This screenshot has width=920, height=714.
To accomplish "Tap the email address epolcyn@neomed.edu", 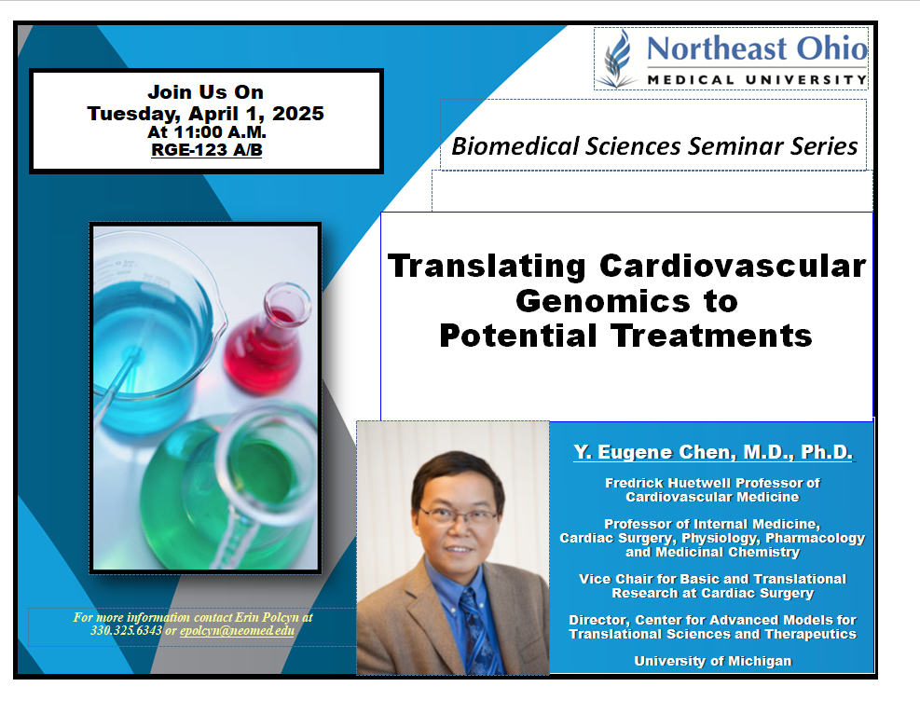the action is point(237,631).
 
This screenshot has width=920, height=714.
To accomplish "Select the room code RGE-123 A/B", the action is point(207,150).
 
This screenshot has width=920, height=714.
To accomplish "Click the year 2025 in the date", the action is point(298,113).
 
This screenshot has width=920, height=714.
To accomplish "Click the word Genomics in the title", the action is point(601,302).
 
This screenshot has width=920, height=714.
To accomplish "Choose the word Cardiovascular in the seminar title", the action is point(733,266).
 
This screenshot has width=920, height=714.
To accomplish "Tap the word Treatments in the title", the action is point(711,336).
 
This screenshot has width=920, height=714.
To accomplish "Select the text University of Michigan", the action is point(713,661).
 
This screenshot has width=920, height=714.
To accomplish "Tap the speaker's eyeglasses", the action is point(459,517).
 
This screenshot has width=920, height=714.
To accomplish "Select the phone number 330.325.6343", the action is point(126,631).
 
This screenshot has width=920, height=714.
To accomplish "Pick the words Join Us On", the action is point(205,92).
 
